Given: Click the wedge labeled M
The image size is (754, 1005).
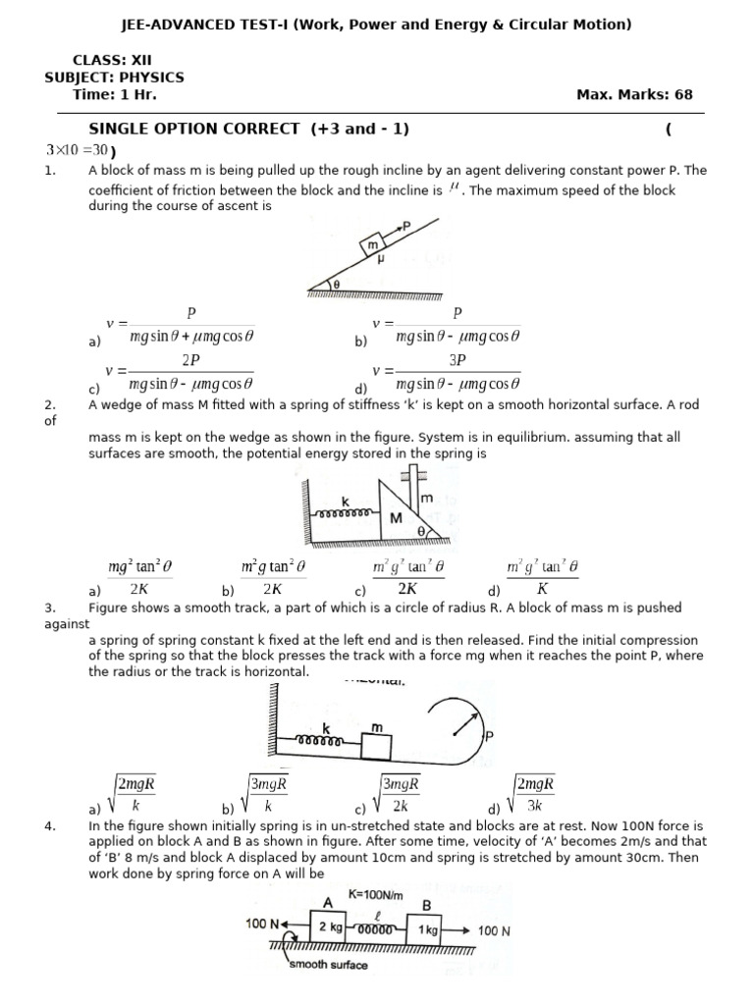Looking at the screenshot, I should pos(397,516).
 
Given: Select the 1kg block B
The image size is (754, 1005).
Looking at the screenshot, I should pos(426,928).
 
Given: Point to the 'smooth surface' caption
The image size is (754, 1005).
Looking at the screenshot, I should pos(329,966).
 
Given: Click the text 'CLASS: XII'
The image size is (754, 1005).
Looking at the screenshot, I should pos(113,60).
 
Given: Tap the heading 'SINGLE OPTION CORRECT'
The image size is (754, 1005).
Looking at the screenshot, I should pos(193,129).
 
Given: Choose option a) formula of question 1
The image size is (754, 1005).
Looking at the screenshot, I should pos(187,326).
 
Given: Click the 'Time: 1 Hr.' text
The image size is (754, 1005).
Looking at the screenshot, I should pos(115,95).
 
